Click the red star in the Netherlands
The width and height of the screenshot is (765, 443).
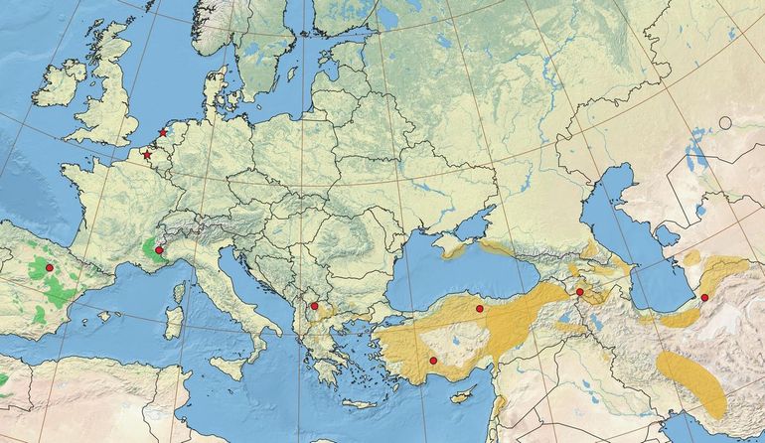[162, 133]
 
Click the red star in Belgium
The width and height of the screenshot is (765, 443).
[147, 155]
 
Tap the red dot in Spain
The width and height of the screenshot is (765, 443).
[49, 268]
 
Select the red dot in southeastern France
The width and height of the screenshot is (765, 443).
[159, 250]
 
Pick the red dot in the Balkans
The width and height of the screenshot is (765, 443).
[314, 306]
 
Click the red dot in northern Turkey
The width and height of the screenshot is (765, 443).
[479, 309]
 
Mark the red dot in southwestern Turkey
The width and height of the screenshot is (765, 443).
[433, 360]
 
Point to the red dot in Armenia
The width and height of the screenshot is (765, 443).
[579, 292]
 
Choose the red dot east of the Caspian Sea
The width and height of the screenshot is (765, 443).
[704, 297]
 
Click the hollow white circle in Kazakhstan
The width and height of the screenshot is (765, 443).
[725, 123]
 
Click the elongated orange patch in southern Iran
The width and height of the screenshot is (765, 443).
[691, 382]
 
